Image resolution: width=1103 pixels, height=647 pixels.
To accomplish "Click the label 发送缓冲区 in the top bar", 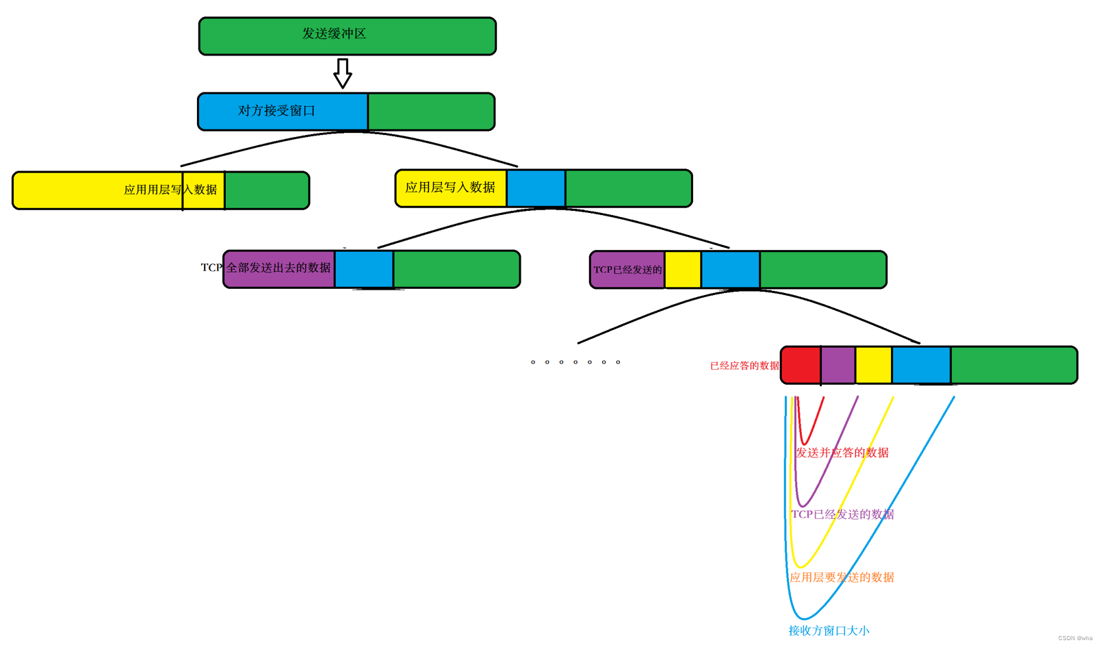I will coord(334,34).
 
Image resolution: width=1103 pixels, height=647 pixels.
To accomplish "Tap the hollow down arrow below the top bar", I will coord(343,73).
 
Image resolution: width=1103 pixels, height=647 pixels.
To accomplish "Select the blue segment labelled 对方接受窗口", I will coord(282,111).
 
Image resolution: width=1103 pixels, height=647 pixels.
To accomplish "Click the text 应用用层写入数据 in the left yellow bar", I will coord(170,190).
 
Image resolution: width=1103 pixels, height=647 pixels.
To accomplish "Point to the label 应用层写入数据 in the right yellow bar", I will coord(450,188).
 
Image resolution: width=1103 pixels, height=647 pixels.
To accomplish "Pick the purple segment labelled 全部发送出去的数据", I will coord(279,268).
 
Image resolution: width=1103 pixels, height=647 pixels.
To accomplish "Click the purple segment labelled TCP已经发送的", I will coord(627,270).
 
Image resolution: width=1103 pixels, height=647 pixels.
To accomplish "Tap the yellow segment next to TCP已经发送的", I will coord(683,270).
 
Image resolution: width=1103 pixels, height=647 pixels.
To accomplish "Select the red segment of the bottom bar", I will coord(801,365).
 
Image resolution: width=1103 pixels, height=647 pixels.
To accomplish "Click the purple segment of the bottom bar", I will coord(838,365).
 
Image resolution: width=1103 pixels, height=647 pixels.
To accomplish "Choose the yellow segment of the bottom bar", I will coord(874,365).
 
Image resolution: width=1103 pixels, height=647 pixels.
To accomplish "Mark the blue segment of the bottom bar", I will coord(921,365).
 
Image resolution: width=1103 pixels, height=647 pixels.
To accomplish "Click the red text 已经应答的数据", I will coord(744,366).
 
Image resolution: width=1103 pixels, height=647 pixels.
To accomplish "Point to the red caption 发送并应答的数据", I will coord(842,453).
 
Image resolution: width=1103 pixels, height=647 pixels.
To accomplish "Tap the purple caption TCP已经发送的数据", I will coord(842,514).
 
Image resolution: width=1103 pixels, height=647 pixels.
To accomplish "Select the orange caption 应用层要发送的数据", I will coord(842,577).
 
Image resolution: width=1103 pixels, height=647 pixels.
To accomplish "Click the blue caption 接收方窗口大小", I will coord(829,631).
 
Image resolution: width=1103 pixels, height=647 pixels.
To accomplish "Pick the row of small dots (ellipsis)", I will coord(575,362).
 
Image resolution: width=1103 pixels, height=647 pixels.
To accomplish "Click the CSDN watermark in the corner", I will coord(1075,638).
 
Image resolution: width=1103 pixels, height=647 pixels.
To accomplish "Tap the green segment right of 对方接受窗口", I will coord(431,112).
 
